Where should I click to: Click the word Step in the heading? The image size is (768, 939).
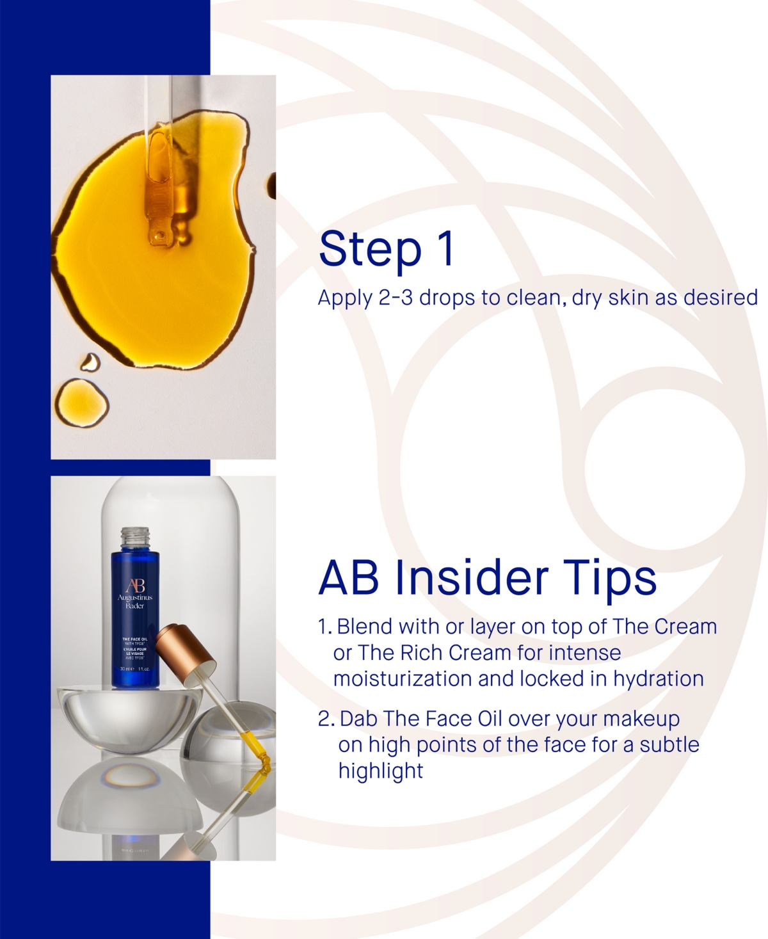(370, 250)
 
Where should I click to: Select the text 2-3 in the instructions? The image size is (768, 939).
(395, 298)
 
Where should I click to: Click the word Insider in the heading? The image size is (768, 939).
(472, 578)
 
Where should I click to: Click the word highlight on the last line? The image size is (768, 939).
(380, 771)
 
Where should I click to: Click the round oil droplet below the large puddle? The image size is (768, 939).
(81, 403)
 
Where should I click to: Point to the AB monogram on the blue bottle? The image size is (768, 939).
(135, 586)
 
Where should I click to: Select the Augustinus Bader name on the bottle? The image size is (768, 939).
(135, 601)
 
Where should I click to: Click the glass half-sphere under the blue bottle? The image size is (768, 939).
(128, 717)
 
